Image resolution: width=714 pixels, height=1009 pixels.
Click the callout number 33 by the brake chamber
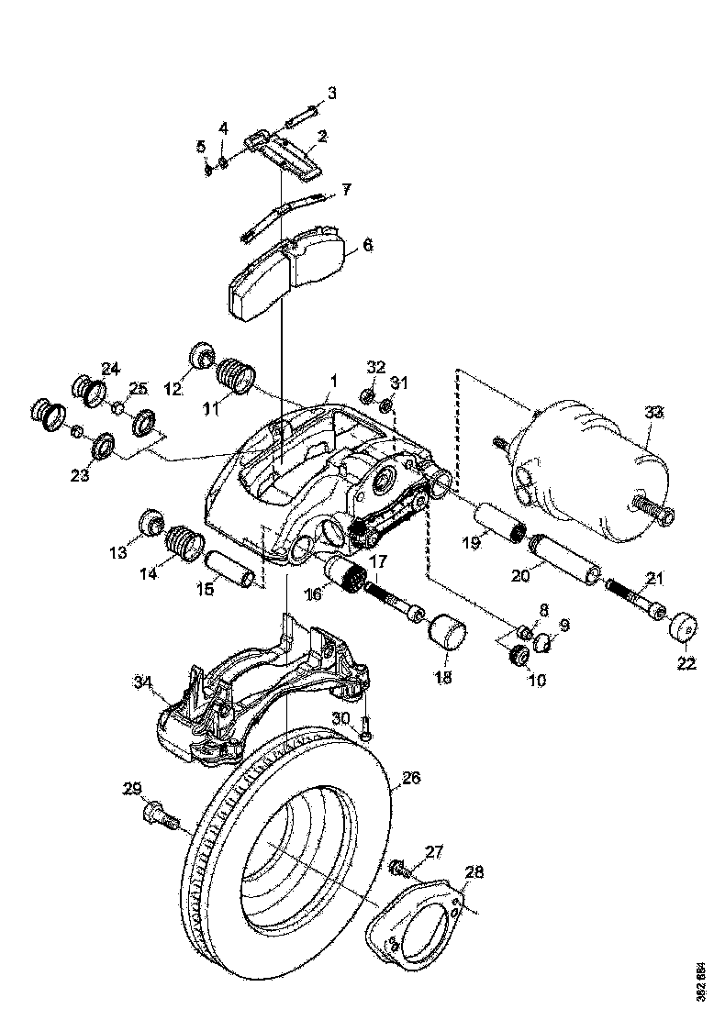pyautogui.click(x=653, y=413)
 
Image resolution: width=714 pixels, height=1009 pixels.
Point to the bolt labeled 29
pyautogui.click(x=160, y=814)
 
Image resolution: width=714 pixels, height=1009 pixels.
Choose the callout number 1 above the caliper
pyautogui.click(x=334, y=379)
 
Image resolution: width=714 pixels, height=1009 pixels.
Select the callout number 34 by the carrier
pyautogui.click(x=141, y=682)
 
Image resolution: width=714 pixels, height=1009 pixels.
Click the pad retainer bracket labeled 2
pyautogui.click(x=284, y=152)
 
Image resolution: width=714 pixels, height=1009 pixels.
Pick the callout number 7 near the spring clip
pyautogui.click(x=345, y=190)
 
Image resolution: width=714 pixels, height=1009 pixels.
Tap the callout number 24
pyautogui.click(x=110, y=369)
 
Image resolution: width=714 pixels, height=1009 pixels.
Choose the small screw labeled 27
pyautogui.click(x=401, y=865)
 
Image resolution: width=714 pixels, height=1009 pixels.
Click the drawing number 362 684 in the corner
pyautogui.click(x=701, y=981)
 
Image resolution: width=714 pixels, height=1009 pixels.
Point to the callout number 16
pyautogui.click(x=314, y=594)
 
